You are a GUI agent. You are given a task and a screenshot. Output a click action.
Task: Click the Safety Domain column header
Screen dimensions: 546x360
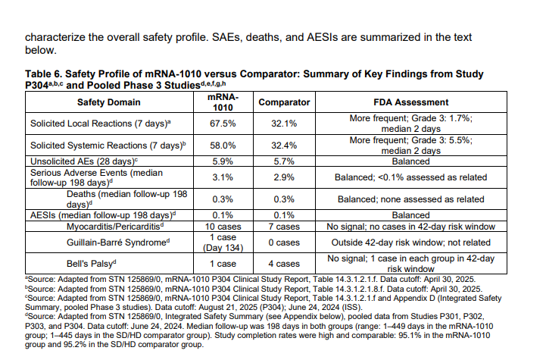click(x=108, y=102)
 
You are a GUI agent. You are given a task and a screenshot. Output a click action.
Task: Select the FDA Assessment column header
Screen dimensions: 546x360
click(x=411, y=102)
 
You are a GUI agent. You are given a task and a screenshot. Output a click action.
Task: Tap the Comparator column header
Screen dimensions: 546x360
click(x=284, y=102)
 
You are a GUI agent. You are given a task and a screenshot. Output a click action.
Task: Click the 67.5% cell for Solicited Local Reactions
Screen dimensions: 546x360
click(x=223, y=124)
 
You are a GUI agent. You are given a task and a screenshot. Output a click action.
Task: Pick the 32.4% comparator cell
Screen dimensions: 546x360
click(x=284, y=146)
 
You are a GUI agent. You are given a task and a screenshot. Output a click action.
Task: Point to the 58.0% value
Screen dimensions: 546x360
click(x=223, y=146)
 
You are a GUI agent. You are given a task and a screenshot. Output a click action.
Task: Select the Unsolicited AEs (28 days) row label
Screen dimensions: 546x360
click(x=84, y=161)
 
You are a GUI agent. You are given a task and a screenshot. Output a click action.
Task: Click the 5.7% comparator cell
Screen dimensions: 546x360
click(x=284, y=161)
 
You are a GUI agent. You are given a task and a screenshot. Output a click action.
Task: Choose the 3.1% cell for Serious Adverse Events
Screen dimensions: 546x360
click(x=223, y=177)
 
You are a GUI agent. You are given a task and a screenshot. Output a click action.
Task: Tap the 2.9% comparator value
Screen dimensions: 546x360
click(x=284, y=177)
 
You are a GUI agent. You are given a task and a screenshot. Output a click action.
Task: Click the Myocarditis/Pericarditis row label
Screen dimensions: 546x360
click(x=115, y=227)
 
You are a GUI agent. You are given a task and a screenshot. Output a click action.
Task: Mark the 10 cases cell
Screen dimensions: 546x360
click(x=223, y=227)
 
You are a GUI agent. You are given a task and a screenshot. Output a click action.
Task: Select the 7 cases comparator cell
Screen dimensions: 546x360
click(x=284, y=227)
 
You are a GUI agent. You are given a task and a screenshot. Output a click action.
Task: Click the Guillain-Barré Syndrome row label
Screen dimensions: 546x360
click(x=118, y=243)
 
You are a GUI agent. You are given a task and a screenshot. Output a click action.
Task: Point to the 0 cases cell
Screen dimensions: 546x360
click(x=284, y=243)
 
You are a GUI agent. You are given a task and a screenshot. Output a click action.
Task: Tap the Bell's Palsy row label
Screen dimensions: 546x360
click(x=91, y=264)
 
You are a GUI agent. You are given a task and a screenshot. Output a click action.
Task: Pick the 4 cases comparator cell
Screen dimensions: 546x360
click(x=284, y=264)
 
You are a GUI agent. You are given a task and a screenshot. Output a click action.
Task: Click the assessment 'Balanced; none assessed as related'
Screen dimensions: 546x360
click(x=411, y=199)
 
